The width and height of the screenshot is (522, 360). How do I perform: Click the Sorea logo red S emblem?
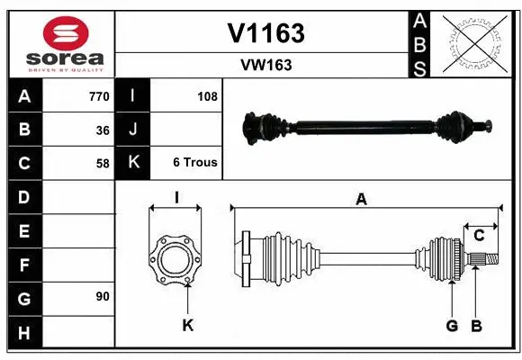click(x=67, y=34)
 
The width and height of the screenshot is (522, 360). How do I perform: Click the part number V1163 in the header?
click(x=265, y=33)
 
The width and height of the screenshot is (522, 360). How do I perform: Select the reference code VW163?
click(x=265, y=65)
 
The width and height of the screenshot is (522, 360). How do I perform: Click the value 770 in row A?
click(x=99, y=96)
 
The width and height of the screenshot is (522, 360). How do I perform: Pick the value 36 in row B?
click(x=103, y=130)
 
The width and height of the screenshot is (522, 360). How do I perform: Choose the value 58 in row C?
click(x=103, y=164)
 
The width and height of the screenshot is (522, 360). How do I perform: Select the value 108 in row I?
click(x=207, y=96)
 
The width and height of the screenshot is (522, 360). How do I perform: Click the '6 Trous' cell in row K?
click(x=195, y=163)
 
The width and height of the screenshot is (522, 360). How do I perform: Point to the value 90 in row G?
click(x=103, y=296)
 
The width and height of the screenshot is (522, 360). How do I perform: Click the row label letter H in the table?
click(x=23, y=332)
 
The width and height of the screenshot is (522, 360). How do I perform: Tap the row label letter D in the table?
click(x=23, y=196)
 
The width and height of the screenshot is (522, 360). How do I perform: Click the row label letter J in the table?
click(x=133, y=130)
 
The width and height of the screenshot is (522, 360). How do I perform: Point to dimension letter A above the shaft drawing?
click(x=361, y=200)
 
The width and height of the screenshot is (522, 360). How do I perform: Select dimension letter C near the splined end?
click(x=479, y=236)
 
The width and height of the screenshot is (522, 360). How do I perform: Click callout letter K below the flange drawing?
click(x=187, y=325)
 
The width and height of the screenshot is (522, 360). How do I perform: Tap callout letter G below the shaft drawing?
click(x=452, y=325)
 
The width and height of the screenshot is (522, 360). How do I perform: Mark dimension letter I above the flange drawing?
click(x=176, y=197)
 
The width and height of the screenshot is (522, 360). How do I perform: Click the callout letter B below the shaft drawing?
click(x=477, y=325)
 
